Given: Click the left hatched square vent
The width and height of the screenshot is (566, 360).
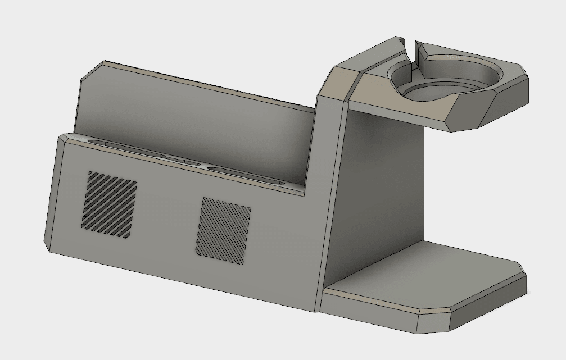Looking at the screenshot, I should coord(109,204).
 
